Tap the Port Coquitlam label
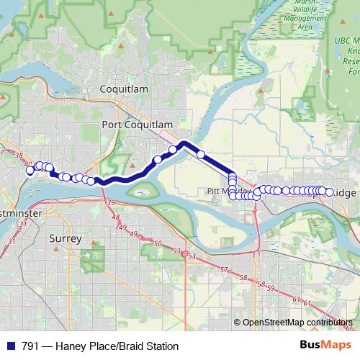[x=138, y=125]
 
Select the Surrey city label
[x=66, y=238]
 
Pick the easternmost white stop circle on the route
[x=329, y=192]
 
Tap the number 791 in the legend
[x=30, y=346]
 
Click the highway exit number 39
[x=111, y=204]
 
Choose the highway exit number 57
[x=224, y=269]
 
